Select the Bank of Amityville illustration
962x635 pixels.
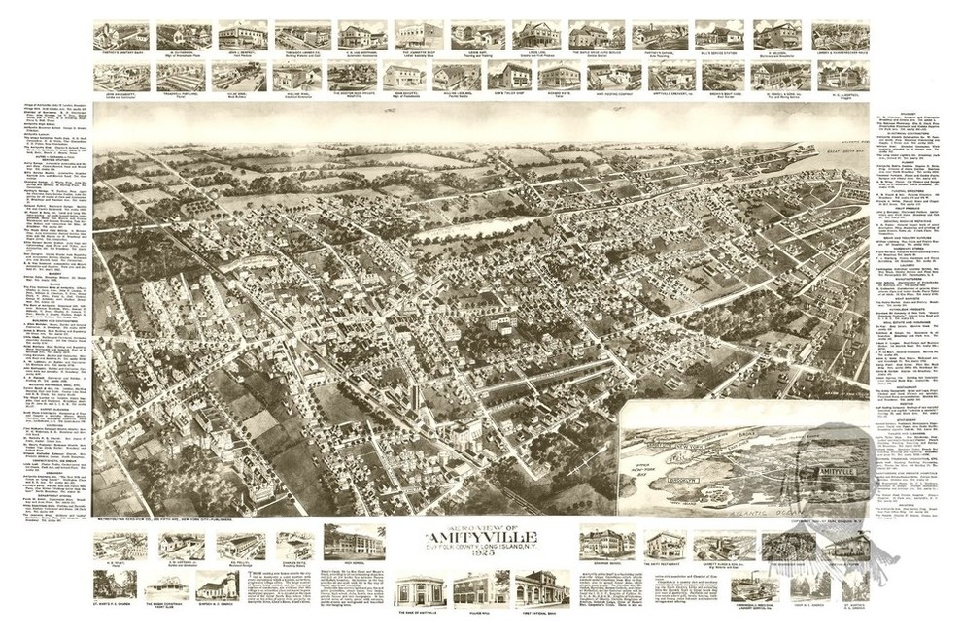click(x=420, y=588)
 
